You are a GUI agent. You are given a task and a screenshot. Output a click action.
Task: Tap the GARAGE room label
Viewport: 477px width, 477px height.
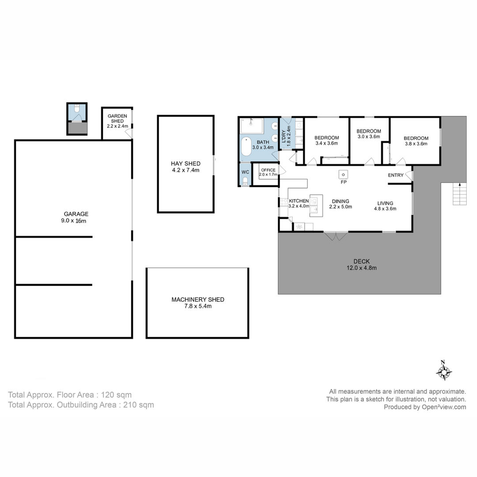click(x=76, y=214)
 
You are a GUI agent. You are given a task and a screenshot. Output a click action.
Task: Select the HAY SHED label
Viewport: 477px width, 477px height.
click(x=185, y=164)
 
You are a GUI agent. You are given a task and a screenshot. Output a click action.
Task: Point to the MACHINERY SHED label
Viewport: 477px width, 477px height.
click(x=198, y=299)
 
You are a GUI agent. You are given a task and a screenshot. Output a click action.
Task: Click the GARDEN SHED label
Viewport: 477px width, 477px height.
click(x=117, y=118)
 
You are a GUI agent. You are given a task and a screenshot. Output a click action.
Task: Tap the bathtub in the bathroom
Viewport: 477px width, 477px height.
click(x=246, y=150)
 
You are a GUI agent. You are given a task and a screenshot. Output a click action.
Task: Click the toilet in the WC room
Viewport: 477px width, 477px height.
click(x=245, y=182)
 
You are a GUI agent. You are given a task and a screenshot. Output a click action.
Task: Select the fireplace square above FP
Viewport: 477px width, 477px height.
click(x=343, y=174)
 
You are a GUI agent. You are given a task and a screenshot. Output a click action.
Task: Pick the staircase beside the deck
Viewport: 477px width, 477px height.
click(x=459, y=194)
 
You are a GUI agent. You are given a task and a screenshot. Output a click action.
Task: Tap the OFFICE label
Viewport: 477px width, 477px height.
click(x=269, y=170)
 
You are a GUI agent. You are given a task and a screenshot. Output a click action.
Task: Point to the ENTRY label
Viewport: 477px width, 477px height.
click(x=396, y=175)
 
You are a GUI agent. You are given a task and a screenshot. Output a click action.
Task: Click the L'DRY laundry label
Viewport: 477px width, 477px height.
click(x=284, y=136)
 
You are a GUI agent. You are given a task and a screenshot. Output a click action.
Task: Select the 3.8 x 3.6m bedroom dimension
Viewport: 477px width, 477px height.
click(x=416, y=144)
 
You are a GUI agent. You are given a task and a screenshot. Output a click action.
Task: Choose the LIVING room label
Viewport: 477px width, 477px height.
click(x=385, y=203)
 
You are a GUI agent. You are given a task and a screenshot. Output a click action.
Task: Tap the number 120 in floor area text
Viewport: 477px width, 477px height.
click(x=107, y=395)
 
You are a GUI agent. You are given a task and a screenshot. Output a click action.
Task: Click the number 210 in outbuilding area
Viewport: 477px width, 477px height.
click(x=130, y=405)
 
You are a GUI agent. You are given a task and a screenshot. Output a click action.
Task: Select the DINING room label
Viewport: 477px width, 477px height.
click(x=341, y=201)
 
